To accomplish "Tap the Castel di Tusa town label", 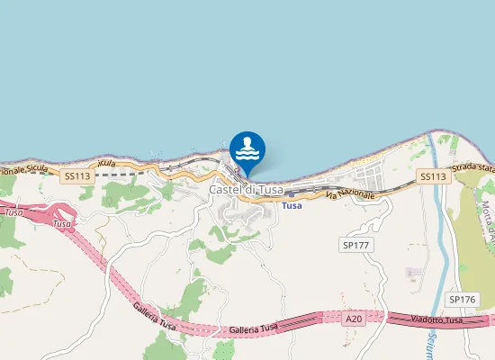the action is [x=246, y=190].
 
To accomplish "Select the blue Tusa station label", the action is [x=292, y=206].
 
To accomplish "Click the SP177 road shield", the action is [x=357, y=245].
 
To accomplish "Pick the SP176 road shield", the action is [x=462, y=300].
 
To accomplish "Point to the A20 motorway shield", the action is [x=355, y=317].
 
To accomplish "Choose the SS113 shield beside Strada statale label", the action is [x=433, y=177].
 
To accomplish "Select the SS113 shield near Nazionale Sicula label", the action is [x=78, y=177].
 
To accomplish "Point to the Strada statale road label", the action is [x=474, y=168].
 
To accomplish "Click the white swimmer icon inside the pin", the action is [x=247, y=147].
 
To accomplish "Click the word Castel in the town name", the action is [x=224, y=190].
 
